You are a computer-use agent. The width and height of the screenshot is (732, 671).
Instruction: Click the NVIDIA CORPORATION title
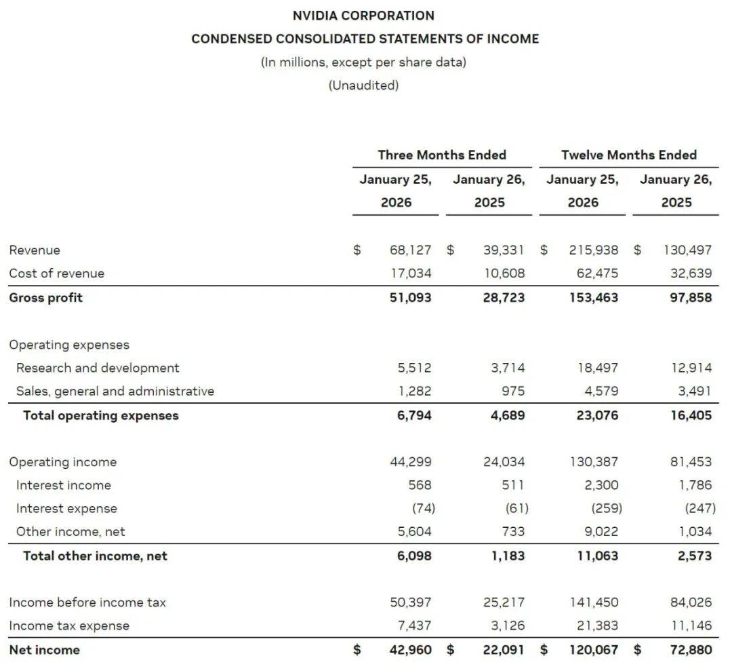click(363, 15)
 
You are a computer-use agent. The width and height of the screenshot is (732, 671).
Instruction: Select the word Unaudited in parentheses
click(363, 85)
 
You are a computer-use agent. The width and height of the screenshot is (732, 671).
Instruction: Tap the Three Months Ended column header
click(442, 155)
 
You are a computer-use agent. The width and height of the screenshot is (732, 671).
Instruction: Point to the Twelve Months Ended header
click(628, 155)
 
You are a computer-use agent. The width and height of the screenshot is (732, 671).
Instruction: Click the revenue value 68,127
click(410, 250)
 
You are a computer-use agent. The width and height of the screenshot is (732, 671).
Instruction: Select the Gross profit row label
click(46, 297)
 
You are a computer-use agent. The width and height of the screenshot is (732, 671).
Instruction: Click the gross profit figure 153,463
click(594, 297)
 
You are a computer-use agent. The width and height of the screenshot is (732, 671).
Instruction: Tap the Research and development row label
click(98, 368)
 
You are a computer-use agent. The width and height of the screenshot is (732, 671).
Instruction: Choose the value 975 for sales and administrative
click(512, 391)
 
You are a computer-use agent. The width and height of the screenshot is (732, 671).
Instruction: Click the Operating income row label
click(62, 462)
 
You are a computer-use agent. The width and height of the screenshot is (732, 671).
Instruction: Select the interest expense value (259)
click(605, 508)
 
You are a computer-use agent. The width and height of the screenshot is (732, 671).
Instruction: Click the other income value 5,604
click(414, 532)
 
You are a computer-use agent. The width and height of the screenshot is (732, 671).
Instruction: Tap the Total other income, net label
click(95, 556)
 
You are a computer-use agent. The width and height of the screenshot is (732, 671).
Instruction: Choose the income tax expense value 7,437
click(414, 626)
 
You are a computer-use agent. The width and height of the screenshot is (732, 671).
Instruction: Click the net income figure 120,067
click(594, 650)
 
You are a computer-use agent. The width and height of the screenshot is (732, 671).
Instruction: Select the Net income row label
click(44, 650)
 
